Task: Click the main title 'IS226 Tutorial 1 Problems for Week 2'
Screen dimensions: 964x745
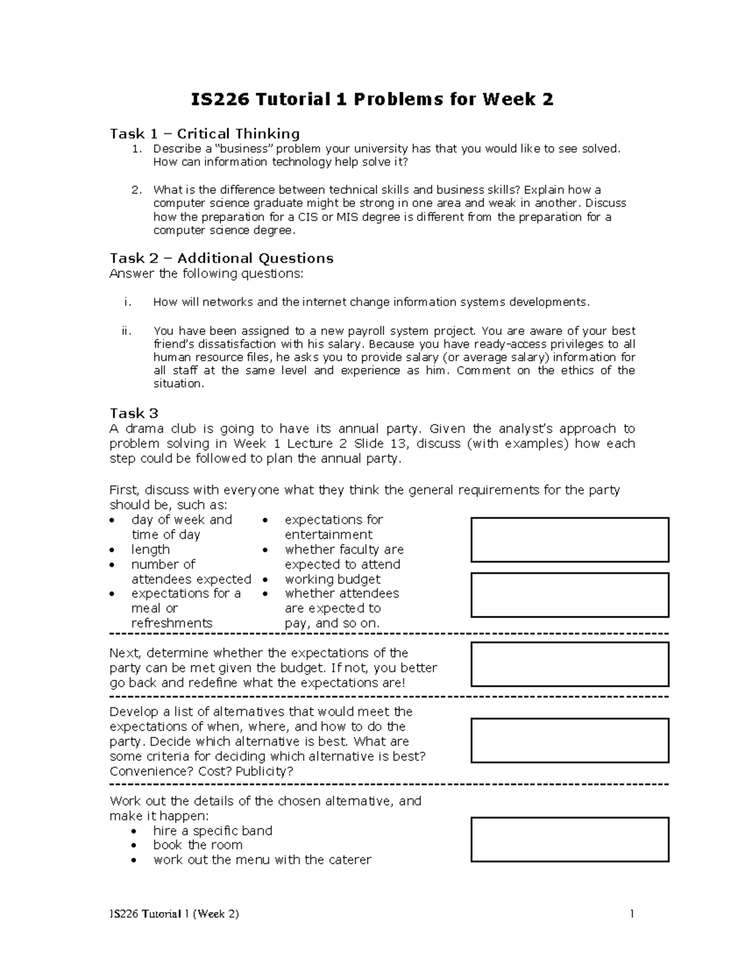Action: (x=371, y=99)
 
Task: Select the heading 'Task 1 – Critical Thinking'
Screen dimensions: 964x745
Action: (x=204, y=133)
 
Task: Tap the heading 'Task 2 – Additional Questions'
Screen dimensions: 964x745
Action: (x=221, y=258)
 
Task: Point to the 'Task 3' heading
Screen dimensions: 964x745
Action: (x=133, y=413)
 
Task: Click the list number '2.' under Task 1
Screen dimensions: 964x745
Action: (x=137, y=190)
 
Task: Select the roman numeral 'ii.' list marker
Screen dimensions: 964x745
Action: (x=127, y=331)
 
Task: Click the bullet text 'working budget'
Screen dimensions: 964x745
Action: (x=332, y=579)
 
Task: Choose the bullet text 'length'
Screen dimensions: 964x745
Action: (x=150, y=549)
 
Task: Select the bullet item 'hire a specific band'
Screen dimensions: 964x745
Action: (x=212, y=831)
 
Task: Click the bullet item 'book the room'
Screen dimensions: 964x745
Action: (x=197, y=845)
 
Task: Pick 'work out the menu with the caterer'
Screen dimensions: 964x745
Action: (x=262, y=860)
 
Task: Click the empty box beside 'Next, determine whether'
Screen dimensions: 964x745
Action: (x=569, y=664)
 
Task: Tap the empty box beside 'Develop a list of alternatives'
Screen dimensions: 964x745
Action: (x=569, y=741)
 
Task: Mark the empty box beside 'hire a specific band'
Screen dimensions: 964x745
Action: (x=569, y=839)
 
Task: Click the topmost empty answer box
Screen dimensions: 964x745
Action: (x=569, y=539)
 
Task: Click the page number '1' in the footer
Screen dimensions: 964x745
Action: (x=631, y=914)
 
